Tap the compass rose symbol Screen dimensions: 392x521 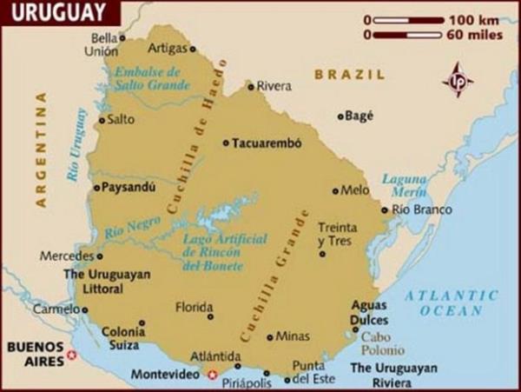(x=457, y=80)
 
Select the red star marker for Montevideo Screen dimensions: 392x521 (x=214, y=375)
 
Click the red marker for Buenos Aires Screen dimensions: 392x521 (x=72, y=355)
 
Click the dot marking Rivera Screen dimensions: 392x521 (x=250, y=86)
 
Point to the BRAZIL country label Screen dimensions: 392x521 (x=349, y=76)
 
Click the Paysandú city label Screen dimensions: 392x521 (x=128, y=186)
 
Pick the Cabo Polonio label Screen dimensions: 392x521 (x=382, y=343)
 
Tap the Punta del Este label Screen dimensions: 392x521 (x=309, y=372)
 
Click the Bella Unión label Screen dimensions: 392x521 (x=103, y=44)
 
